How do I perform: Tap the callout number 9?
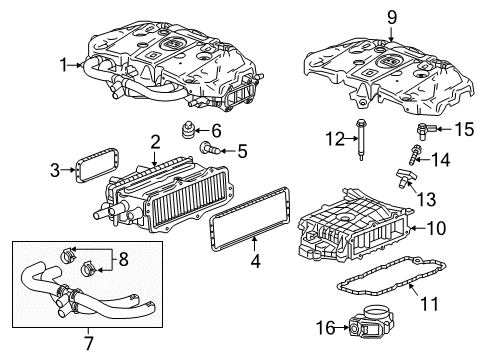(391, 16)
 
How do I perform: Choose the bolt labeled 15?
(423, 131)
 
